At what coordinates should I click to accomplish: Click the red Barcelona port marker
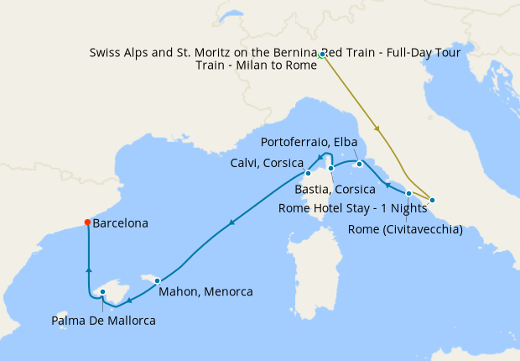(87, 222)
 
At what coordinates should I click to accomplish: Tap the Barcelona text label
(121, 224)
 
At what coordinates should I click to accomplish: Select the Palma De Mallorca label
(103, 320)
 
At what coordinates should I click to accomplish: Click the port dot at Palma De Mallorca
(102, 293)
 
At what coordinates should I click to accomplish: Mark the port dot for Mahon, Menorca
(157, 280)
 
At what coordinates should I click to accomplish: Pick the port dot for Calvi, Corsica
(307, 175)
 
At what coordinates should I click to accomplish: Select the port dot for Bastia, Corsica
(331, 169)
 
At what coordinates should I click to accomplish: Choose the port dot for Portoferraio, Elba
(359, 164)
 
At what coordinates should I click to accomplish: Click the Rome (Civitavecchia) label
(404, 229)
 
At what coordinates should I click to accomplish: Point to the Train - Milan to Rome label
(255, 65)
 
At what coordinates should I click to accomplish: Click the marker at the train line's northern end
(322, 55)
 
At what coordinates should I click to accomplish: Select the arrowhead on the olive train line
(378, 129)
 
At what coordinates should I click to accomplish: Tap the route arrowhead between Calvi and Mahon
(231, 222)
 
